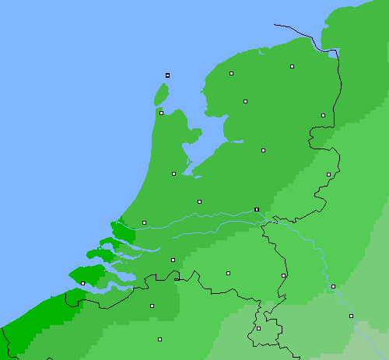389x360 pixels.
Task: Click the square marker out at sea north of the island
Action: [167, 75]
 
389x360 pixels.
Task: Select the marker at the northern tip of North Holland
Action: [161, 113]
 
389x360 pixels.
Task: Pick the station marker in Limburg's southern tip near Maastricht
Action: [258, 328]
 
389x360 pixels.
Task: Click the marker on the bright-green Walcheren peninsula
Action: [82, 284]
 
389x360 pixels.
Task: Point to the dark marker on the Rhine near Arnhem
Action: [256, 209]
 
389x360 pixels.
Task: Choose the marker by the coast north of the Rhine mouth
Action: [144, 222]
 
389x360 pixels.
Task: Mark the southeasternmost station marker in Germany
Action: [351, 316]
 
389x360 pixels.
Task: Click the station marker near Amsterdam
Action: [173, 173]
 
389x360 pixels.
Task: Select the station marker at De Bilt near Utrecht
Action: [199, 201]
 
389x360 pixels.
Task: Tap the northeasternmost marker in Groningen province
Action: [292, 67]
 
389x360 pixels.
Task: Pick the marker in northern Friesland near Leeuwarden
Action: [231, 74]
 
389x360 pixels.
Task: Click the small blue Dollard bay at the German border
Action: [335, 54]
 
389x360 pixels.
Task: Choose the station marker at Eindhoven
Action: [228, 273]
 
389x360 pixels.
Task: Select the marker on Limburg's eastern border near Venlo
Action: [283, 275]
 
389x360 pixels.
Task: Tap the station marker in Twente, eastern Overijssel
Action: [328, 174]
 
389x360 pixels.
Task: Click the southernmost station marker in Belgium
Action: [159, 339]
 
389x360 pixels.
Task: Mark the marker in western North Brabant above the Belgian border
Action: [173, 260]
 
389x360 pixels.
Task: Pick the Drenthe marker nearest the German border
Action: [323, 115]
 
